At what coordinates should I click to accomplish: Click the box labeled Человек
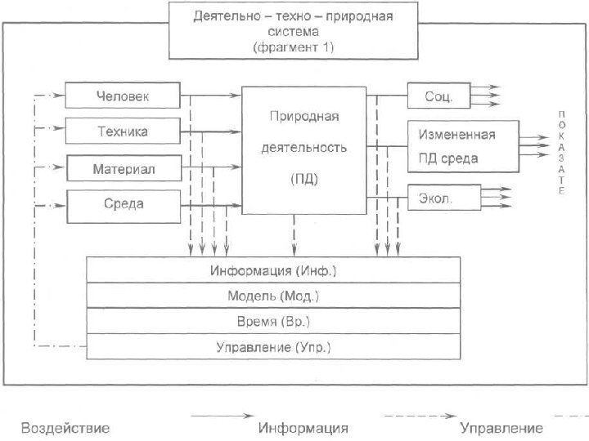point(123,96)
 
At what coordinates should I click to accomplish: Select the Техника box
point(123,131)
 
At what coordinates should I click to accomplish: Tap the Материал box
point(123,169)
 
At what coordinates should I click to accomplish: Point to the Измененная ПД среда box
point(462,145)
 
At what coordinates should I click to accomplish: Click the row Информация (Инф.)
point(273,269)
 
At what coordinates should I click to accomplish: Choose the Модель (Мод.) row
point(273,295)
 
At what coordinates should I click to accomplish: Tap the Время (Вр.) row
point(273,321)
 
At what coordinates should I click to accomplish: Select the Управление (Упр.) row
point(273,347)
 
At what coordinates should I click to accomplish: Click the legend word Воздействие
point(65,428)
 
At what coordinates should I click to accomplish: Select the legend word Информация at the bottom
point(303,428)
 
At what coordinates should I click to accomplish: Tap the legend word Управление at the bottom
point(501,428)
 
